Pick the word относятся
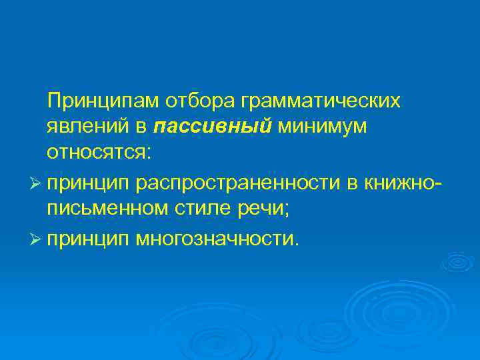99,153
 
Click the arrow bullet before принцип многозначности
36,237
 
